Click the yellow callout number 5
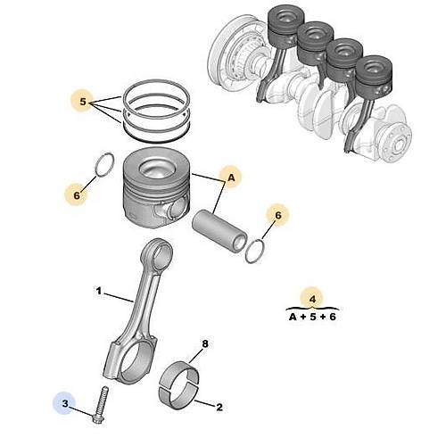pyautogui.click(x=83, y=103)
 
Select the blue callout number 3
pyautogui.click(x=63, y=405)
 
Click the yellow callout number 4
pyautogui.click(x=310, y=299)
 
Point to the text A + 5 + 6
pyautogui.click(x=310, y=317)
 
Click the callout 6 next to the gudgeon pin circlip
pyautogui.click(x=277, y=215)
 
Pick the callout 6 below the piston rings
pyautogui.click(x=78, y=192)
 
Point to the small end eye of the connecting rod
pyautogui.click(x=160, y=259)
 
